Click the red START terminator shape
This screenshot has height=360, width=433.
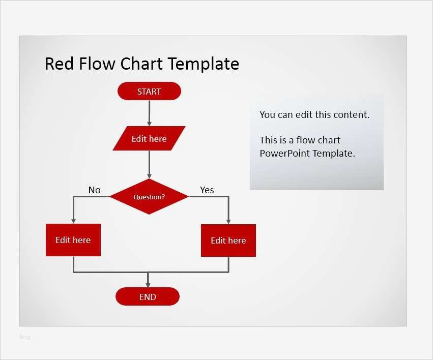tap(149, 92)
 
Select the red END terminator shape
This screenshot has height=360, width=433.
tap(148, 297)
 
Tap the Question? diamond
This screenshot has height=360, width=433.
tap(149, 197)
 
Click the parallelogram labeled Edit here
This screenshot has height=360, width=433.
tap(149, 139)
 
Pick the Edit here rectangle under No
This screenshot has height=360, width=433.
tap(73, 240)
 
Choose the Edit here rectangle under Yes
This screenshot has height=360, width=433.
tap(228, 241)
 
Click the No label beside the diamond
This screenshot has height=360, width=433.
tap(94, 190)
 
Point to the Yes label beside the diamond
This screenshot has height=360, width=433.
tap(207, 190)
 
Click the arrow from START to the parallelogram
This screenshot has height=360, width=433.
tap(149, 112)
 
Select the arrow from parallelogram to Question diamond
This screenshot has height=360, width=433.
tap(149, 164)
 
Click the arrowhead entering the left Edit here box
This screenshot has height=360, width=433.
tap(73, 220)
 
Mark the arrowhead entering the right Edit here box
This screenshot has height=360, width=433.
tap(228, 220)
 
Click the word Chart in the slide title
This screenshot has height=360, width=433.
tap(142, 64)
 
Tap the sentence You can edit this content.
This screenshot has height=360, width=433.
tap(314, 114)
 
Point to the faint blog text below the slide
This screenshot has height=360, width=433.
tap(25, 337)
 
